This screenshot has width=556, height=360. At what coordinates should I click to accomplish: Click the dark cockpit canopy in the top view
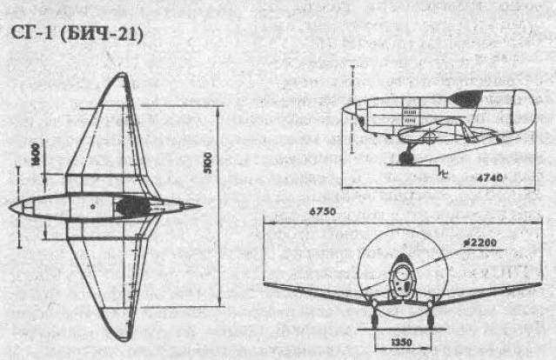click(132, 207)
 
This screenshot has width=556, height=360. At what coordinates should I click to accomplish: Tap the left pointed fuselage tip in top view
click(11, 209)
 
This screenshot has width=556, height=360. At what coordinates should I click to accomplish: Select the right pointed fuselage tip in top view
click(199, 207)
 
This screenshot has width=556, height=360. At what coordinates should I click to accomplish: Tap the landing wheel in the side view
click(406, 157)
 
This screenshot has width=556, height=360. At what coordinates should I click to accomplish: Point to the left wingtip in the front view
click(265, 284)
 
